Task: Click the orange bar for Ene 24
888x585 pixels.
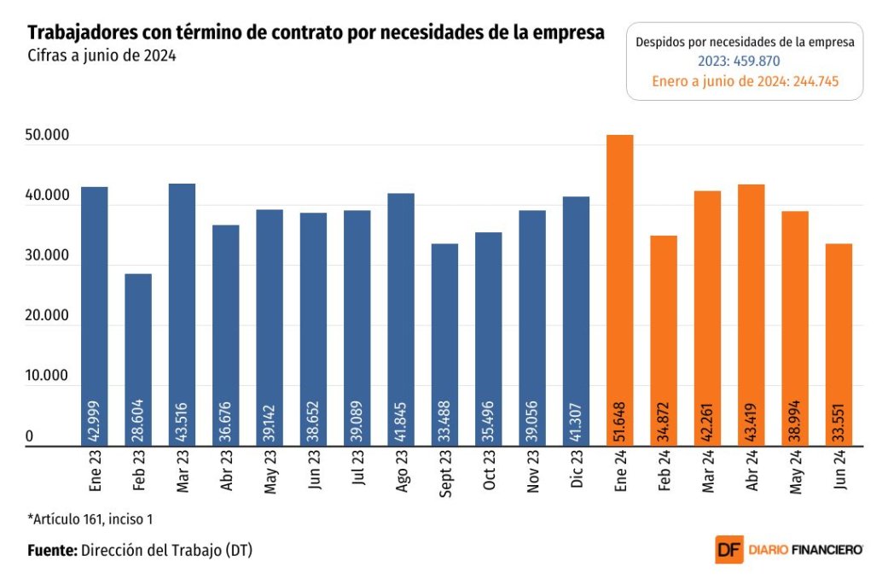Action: click(x=619, y=290)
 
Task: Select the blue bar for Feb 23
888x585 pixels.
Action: click(x=138, y=360)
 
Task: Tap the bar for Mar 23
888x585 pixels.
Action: click(x=182, y=314)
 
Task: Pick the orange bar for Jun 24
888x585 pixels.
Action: click(x=839, y=345)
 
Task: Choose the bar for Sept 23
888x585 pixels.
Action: click(x=444, y=345)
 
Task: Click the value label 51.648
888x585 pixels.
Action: click(x=620, y=422)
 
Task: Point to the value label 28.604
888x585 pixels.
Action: click(x=138, y=421)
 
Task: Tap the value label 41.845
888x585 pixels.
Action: click(x=401, y=422)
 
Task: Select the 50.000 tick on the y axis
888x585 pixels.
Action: click(x=47, y=135)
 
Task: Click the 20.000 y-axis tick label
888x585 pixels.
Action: click(x=47, y=315)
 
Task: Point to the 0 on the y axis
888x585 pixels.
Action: click(x=30, y=436)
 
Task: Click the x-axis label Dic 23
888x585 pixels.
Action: click(x=577, y=470)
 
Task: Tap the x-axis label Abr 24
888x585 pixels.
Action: click(x=752, y=471)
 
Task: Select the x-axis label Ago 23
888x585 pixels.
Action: click(x=402, y=471)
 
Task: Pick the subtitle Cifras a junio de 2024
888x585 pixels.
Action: click(x=102, y=56)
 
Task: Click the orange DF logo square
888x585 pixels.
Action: click(x=728, y=549)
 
